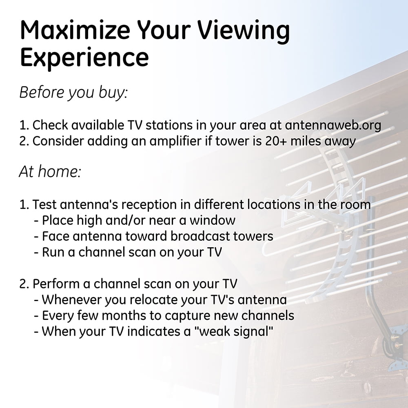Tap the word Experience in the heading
click(x=84, y=58)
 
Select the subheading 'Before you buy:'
click(x=73, y=92)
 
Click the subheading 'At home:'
click(x=50, y=171)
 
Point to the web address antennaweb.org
click(x=333, y=125)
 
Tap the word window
click(x=212, y=220)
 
